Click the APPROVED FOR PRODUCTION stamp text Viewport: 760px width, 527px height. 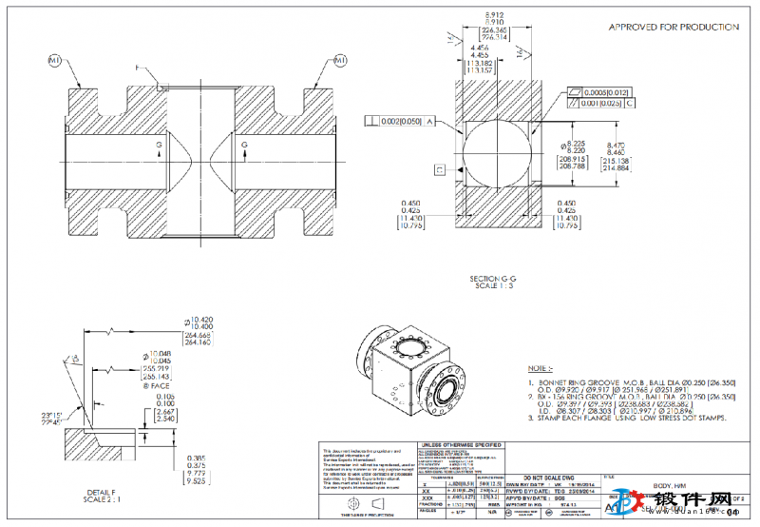[x=673, y=28]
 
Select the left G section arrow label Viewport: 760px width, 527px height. [x=159, y=145]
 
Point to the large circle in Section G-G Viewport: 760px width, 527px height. [x=495, y=159]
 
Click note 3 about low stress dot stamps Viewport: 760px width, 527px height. [x=631, y=418]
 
